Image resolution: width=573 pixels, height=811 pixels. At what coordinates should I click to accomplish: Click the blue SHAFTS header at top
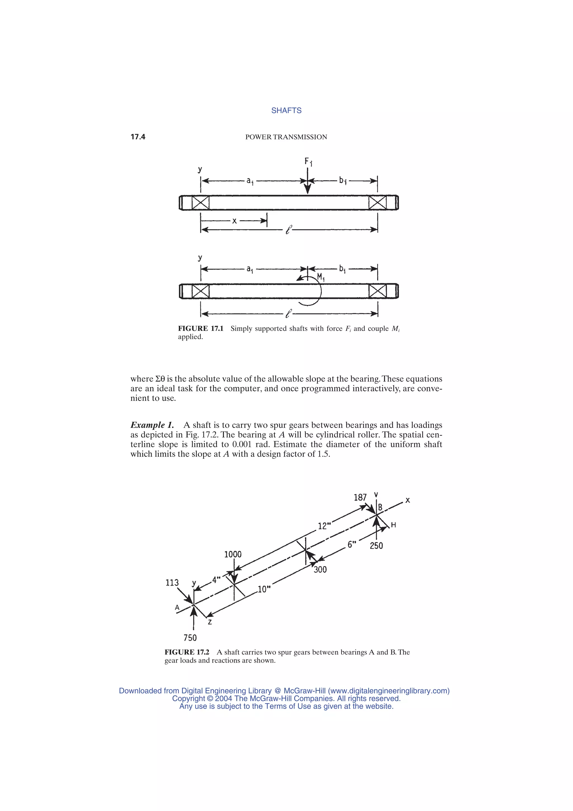[x=286, y=111]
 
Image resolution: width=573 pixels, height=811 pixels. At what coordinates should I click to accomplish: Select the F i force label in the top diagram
[x=308, y=162]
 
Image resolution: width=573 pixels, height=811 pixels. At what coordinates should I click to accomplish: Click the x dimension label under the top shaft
[x=234, y=221]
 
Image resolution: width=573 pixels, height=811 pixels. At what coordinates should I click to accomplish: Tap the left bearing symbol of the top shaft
[x=201, y=203]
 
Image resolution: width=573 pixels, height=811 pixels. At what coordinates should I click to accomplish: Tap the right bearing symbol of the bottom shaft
[x=377, y=291]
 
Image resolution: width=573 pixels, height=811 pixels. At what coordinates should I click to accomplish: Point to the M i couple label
[x=321, y=277]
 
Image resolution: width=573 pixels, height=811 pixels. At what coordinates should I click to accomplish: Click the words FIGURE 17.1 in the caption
[x=201, y=328]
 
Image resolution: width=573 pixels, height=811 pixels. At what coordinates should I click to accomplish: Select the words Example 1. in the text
[x=152, y=425]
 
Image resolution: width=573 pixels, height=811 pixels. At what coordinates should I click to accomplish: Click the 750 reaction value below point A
[x=190, y=637]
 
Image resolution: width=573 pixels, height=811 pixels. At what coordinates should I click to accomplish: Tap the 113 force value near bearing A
[x=172, y=583]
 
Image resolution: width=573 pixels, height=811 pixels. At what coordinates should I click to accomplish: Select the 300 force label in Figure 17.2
[x=320, y=569]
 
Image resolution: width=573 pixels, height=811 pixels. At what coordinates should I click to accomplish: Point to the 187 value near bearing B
[x=360, y=498]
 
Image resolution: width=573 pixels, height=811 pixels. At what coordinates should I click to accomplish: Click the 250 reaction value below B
[x=376, y=546]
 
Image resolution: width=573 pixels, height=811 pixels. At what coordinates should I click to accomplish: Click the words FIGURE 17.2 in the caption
[x=187, y=652]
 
